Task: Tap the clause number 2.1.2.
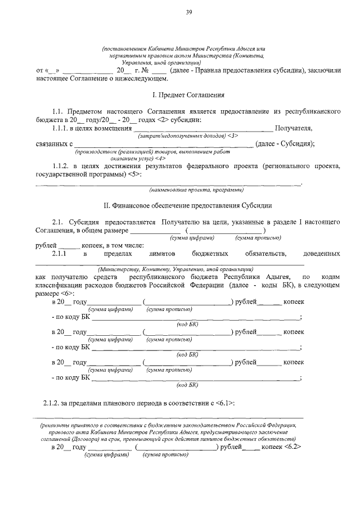pyautogui.click(x=54, y=404)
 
